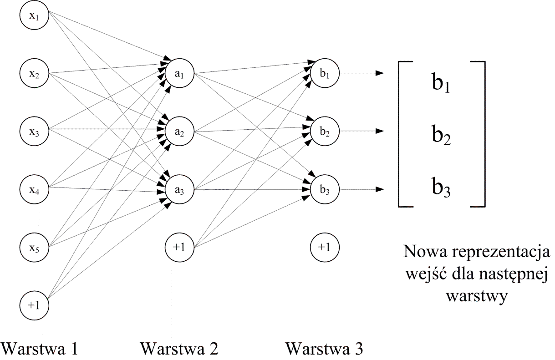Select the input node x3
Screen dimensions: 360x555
[x=34, y=132]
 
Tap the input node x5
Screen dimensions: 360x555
[x=34, y=248]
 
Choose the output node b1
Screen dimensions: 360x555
[x=325, y=73]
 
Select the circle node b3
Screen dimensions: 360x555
[x=325, y=190]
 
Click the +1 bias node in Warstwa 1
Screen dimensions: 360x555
[x=34, y=305]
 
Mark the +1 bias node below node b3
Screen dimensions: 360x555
[x=325, y=248]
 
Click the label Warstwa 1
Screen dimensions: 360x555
[x=40, y=350]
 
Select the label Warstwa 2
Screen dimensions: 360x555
[x=179, y=350]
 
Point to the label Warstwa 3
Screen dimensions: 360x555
[x=325, y=350]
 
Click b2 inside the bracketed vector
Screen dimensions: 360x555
[x=441, y=135]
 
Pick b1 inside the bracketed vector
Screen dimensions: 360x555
[x=441, y=84]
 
